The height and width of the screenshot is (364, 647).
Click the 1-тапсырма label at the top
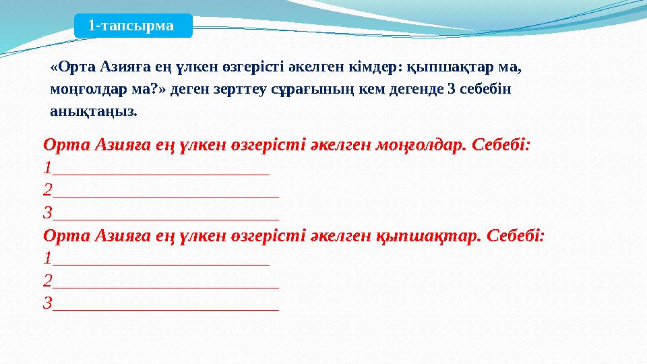point(131,26)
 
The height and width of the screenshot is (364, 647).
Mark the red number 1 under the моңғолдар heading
point(47,167)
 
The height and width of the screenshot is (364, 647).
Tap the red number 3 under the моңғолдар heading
point(47,213)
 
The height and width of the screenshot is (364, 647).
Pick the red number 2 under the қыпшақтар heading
point(47,281)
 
